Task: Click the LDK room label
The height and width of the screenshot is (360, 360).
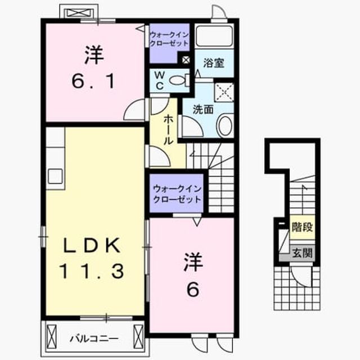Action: (92, 245)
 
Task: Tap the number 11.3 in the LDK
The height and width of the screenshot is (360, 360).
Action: (92, 271)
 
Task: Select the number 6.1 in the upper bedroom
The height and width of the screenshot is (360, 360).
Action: (93, 82)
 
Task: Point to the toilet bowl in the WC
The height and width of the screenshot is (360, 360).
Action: (178, 80)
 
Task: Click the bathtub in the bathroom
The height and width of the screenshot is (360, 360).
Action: (214, 37)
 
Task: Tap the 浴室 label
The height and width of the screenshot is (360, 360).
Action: (214, 63)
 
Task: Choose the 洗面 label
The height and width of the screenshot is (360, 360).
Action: (203, 110)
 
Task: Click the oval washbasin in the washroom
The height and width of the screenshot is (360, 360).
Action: (225, 125)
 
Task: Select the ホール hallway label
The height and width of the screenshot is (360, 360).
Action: (168, 130)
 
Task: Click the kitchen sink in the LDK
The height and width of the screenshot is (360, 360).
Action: (55, 176)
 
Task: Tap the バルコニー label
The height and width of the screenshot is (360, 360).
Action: (94, 339)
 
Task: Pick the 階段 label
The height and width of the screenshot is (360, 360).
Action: (302, 227)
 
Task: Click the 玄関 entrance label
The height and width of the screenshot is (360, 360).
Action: (302, 253)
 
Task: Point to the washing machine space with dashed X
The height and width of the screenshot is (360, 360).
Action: (224, 92)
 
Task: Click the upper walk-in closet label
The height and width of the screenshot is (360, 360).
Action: (169, 39)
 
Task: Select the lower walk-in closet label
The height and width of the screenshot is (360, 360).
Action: (177, 194)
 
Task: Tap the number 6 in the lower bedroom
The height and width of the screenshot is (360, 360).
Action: (193, 289)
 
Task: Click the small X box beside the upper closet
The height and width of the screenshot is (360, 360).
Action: (186, 60)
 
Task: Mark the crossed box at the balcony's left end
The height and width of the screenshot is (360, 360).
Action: (51, 334)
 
